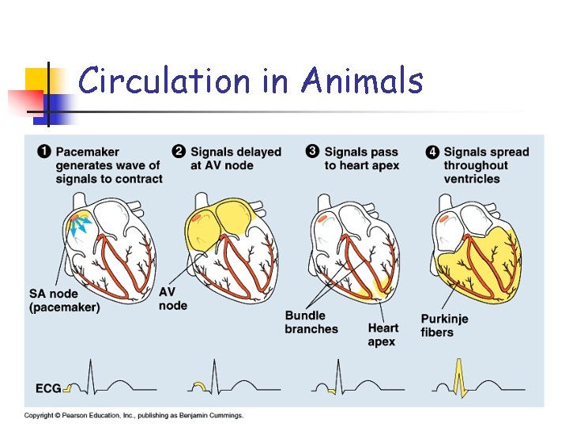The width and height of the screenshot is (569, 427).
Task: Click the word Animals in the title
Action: click(x=362, y=81)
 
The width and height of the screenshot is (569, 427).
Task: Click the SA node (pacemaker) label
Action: click(x=64, y=300)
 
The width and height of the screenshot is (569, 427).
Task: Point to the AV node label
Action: click(x=172, y=298)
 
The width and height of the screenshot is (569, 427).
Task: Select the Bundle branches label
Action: click(x=311, y=323)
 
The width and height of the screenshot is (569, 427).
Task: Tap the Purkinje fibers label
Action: click(x=444, y=325)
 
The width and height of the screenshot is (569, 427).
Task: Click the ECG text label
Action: click(x=48, y=388)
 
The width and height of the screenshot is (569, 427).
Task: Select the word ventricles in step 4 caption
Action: click(x=472, y=179)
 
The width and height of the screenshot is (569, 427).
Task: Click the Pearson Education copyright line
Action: click(x=134, y=415)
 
